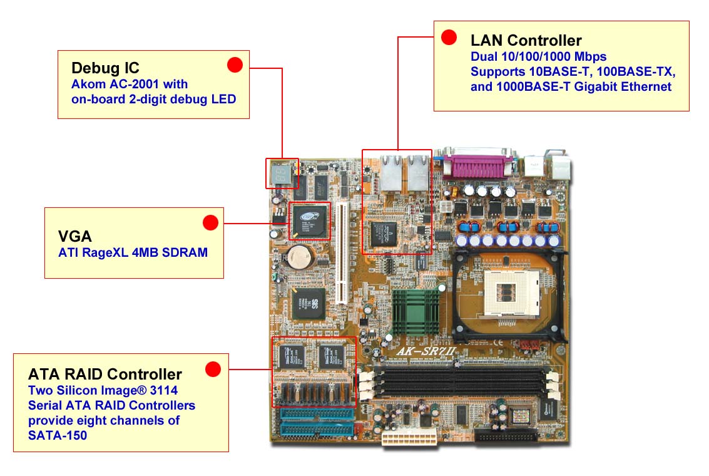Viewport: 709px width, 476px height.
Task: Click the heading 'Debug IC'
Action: click(x=105, y=68)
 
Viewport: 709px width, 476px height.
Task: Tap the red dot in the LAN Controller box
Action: click(x=449, y=37)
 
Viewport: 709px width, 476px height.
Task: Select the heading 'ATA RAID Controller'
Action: click(x=105, y=375)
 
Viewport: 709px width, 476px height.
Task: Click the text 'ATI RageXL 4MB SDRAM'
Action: click(x=133, y=252)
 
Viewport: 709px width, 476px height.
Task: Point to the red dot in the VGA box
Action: click(x=210, y=222)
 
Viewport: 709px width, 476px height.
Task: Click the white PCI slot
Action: click(x=342, y=251)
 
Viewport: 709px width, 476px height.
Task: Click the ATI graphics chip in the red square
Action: click(x=310, y=220)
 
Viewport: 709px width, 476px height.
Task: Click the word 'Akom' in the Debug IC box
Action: click(x=86, y=84)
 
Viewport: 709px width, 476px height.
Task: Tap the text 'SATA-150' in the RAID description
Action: click(x=58, y=435)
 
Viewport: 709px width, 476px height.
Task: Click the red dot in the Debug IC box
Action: click(x=235, y=65)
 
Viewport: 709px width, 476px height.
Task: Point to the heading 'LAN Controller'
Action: click(x=526, y=41)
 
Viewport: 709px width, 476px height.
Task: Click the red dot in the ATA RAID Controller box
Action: click(x=213, y=370)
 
